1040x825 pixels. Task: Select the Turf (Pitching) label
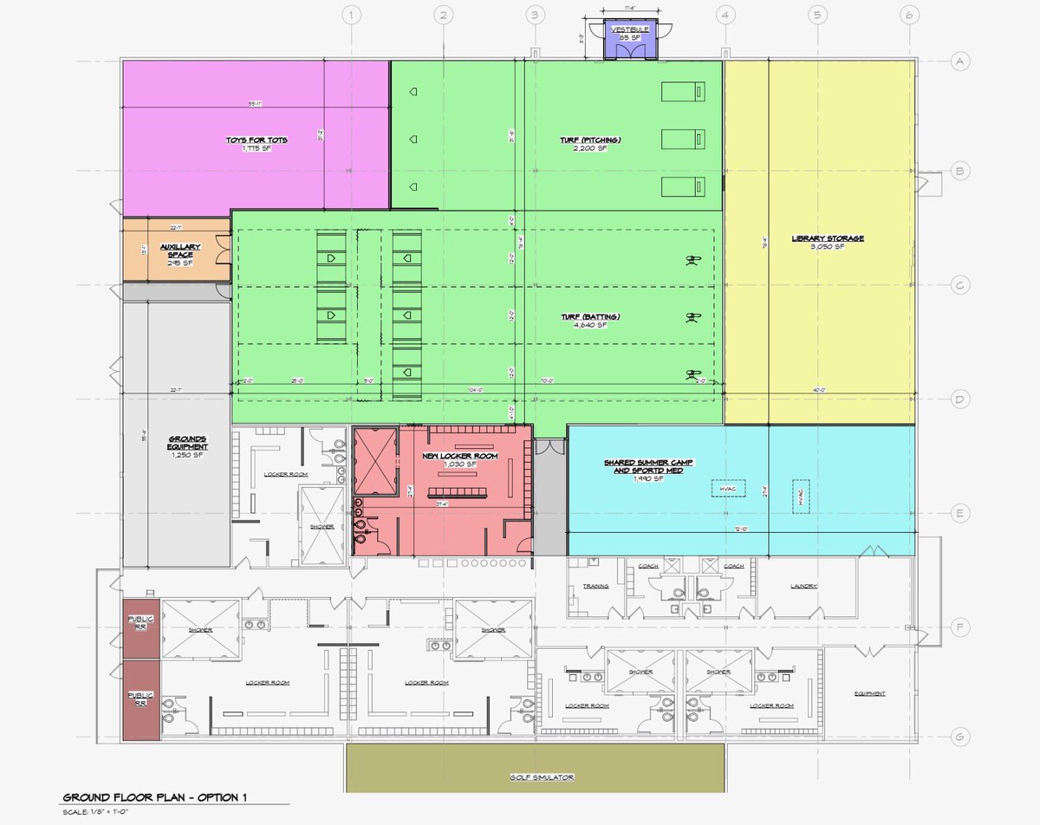coord(590,140)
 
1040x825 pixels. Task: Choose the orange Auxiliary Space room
coord(179,252)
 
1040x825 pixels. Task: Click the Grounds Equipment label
coord(188,443)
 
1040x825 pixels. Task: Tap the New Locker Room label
coord(449,457)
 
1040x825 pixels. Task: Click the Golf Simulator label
coord(537,777)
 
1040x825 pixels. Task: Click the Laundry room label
coord(803,586)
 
